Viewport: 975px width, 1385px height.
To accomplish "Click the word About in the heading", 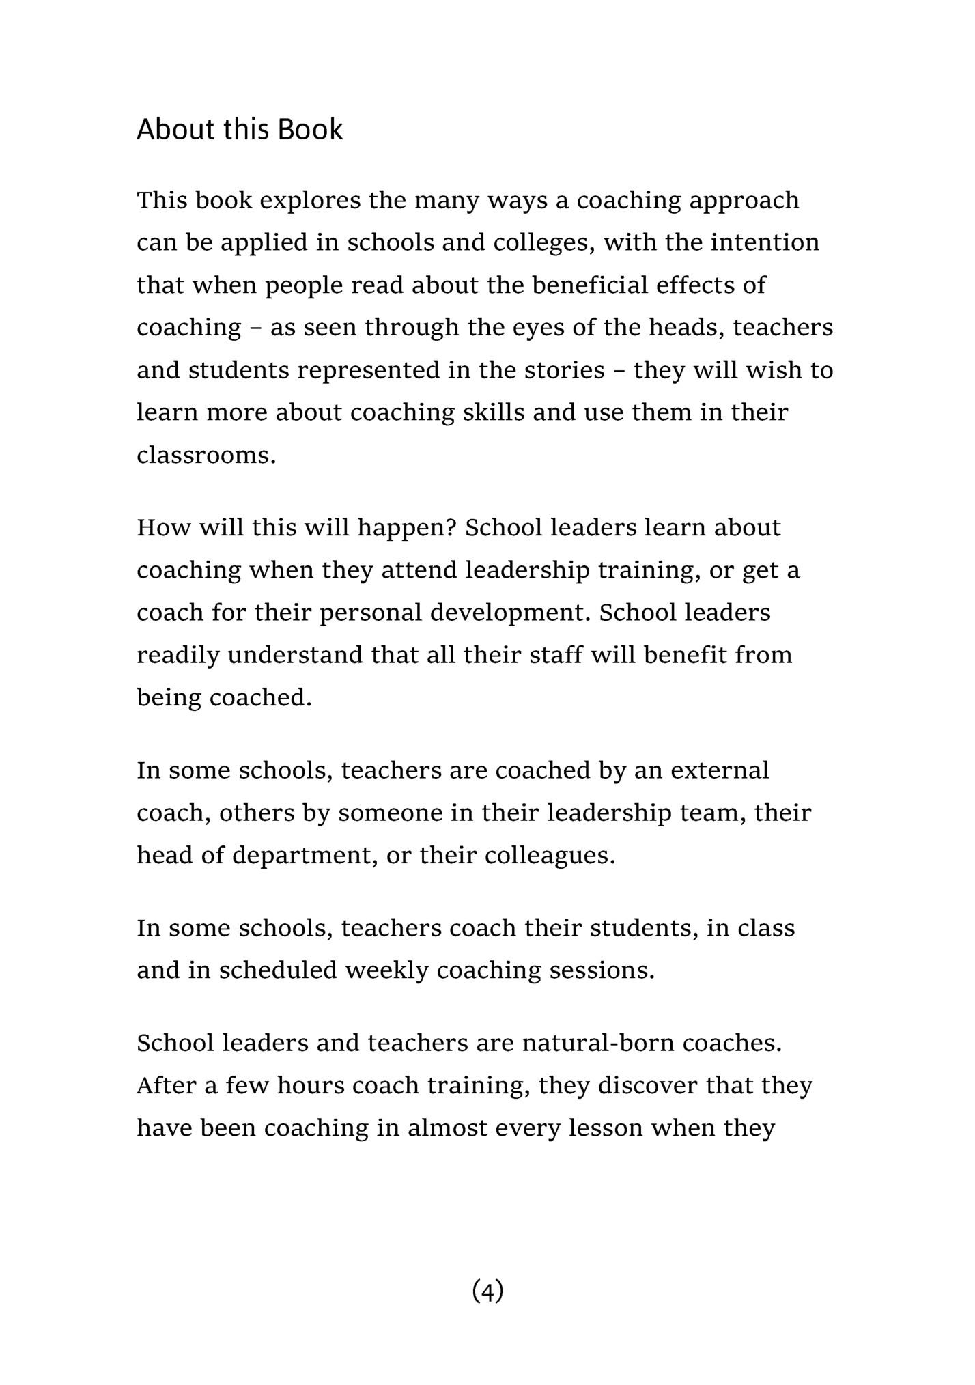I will point(174,130).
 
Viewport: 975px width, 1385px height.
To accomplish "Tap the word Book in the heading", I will point(310,130).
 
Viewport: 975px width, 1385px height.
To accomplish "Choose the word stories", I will point(565,370).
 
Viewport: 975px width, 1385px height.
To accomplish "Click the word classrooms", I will point(206,455).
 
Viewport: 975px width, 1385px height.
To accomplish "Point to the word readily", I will point(178,656).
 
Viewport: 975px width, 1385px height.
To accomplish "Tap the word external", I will point(720,770).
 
